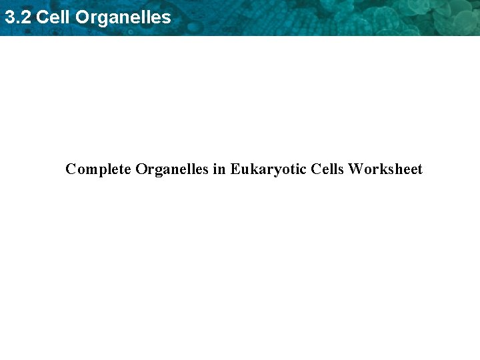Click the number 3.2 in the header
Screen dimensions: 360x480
pyautogui.click(x=17, y=17)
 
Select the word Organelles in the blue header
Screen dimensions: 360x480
pyautogui.click(x=123, y=17)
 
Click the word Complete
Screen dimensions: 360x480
pyautogui.click(x=98, y=169)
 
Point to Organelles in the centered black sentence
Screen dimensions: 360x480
pyautogui.click(x=172, y=169)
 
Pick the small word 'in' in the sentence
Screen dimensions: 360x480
pyautogui.click(x=219, y=169)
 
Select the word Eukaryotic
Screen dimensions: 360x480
pyautogui.click(x=269, y=169)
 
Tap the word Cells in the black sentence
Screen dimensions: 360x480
pyautogui.click(x=327, y=169)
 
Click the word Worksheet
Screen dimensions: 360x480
pyautogui.click(x=385, y=169)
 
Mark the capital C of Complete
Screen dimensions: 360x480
pyautogui.click(x=71, y=169)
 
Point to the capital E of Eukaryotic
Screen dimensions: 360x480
pyautogui.click(x=235, y=169)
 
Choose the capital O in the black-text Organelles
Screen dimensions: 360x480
pyautogui.click(x=141, y=169)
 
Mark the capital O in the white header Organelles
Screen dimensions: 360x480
pyautogui.click(x=83, y=17)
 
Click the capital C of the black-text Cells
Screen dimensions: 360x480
pyautogui.click(x=315, y=169)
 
